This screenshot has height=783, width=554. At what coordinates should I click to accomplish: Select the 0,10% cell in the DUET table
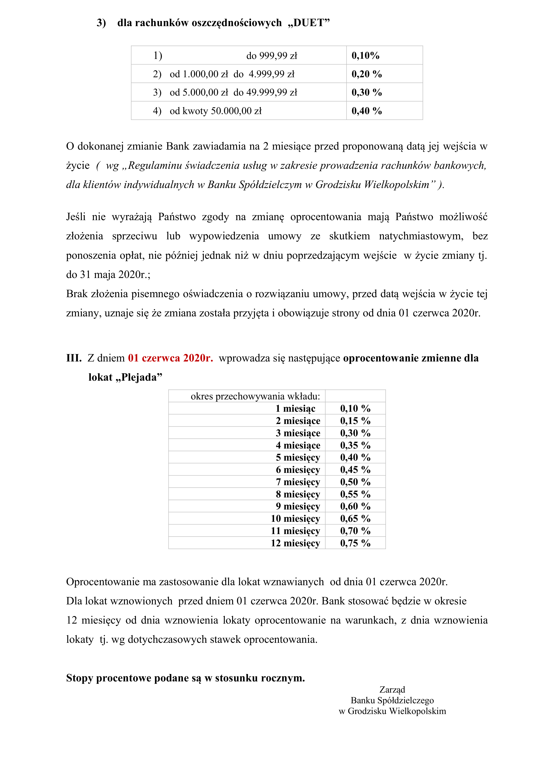[365, 56]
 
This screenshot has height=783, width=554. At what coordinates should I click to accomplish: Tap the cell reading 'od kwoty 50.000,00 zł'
[216, 111]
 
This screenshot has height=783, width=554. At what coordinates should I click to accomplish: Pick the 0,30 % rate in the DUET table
[366, 92]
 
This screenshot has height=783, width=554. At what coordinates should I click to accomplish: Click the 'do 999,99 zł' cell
[272, 56]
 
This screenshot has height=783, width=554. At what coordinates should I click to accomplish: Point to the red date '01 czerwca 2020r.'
[170, 358]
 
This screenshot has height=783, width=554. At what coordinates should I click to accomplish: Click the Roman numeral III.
[74, 358]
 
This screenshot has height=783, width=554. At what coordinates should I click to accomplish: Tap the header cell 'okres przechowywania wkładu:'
[255, 396]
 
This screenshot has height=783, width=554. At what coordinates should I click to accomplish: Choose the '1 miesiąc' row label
[295, 409]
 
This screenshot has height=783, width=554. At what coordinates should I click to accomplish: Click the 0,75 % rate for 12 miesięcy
[355, 543]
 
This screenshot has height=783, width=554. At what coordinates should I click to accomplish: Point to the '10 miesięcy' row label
[295, 519]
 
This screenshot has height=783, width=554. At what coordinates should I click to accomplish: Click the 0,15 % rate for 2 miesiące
[355, 421]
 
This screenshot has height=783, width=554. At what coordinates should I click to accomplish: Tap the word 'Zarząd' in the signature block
[392, 689]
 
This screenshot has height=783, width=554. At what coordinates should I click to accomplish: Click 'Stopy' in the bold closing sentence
[80, 678]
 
